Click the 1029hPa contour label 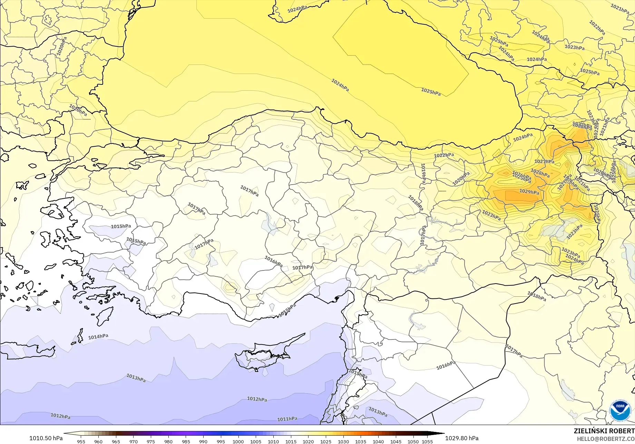[x=529, y=192]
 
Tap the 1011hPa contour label [x=287, y=419]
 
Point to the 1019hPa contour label [x=423, y=173]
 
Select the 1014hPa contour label [x=98, y=337]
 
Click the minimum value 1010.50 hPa [x=46, y=438]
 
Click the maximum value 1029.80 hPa [x=462, y=438]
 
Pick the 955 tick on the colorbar [x=81, y=441]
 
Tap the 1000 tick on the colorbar [x=238, y=441]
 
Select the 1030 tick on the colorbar [x=343, y=441]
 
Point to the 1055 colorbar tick [x=427, y=441]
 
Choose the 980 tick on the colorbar [x=168, y=441]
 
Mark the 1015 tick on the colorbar [x=291, y=441]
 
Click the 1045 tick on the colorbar [x=395, y=441]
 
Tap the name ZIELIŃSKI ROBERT [x=604, y=431]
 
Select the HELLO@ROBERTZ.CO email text [x=606, y=439]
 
